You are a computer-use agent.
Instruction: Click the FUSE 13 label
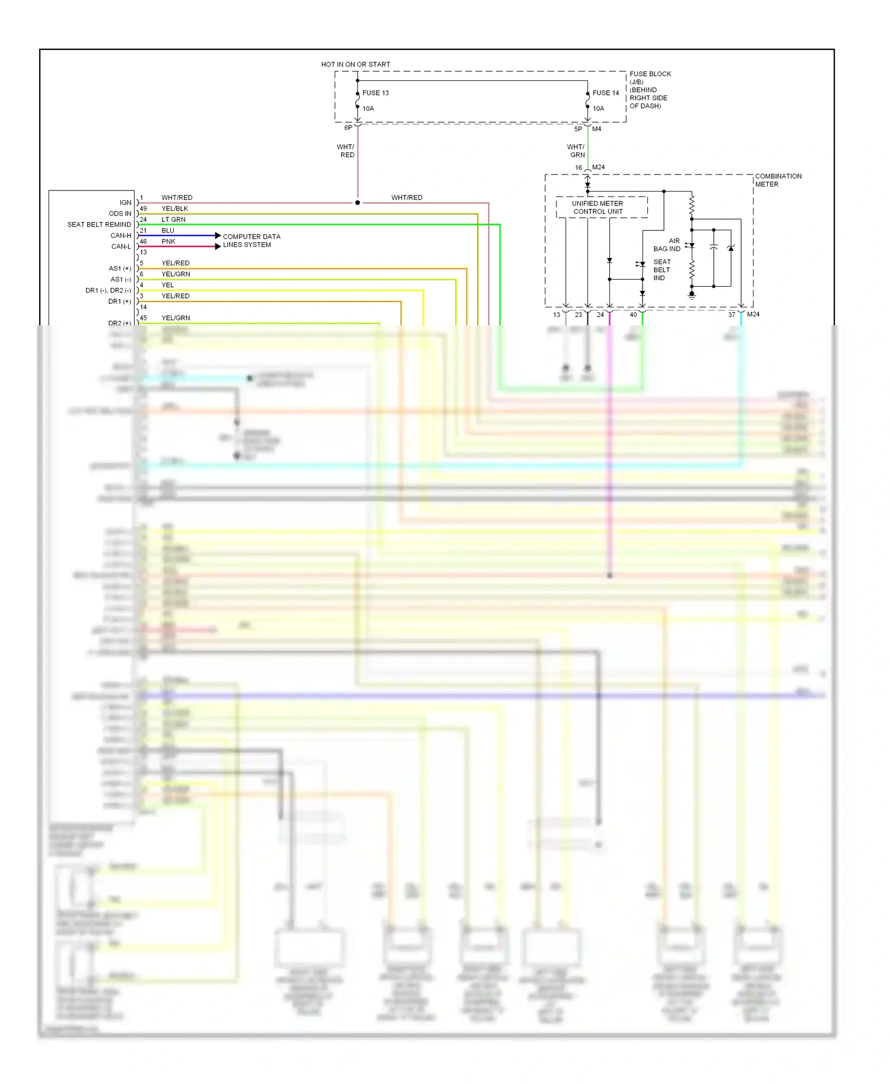point(375,93)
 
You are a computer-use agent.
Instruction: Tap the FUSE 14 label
point(605,93)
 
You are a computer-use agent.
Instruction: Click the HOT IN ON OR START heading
point(355,64)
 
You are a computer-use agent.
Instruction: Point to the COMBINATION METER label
point(777,180)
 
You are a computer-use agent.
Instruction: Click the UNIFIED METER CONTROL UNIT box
point(597,207)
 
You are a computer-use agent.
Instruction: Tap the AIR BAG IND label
point(667,245)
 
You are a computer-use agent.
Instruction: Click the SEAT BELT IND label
point(662,270)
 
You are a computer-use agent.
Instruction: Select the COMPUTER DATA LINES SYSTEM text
point(251,240)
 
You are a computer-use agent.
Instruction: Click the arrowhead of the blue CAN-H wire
point(218,236)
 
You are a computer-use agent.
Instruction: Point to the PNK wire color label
point(168,242)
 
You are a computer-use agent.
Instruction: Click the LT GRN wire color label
point(173,220)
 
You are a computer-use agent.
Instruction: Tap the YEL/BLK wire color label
point(174,209)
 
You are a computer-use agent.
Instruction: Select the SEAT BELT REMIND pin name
point(99,224)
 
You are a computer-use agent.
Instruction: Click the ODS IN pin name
point(120,214)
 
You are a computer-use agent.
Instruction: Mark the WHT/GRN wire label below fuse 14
point(576,151)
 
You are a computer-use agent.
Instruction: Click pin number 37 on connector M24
point(732,315)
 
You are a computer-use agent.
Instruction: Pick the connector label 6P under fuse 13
point(348,128)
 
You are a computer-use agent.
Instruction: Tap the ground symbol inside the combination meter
point(691,294)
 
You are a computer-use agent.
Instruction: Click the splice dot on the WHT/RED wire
point(357,202)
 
